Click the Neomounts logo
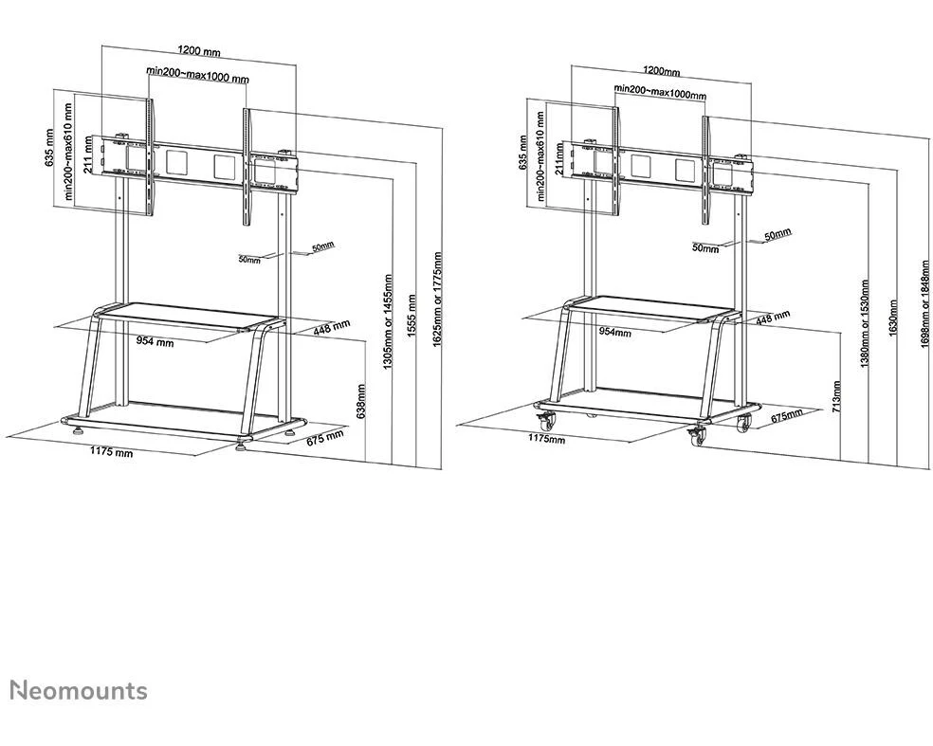click(x=79, y=691)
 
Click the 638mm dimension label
click(x=360, y=402)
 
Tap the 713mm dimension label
click(x=836, y=397)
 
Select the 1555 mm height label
click(x=412, y=316)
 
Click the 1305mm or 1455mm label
click(x=388, y=321)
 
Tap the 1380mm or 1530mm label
click(x=865, y=323)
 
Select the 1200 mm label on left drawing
click(x=199, y=51)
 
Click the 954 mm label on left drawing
click(x=155, y=341)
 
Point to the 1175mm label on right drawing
click(x=547, y=439)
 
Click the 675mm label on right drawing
click(x=787, y=415)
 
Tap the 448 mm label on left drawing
click(x=332, y=327)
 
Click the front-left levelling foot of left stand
click(x=78, y=428)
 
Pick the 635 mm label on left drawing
click(x=49, y=149)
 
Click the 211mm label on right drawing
click(x=559, y=157)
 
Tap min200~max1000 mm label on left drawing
click(x=198, y=76)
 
